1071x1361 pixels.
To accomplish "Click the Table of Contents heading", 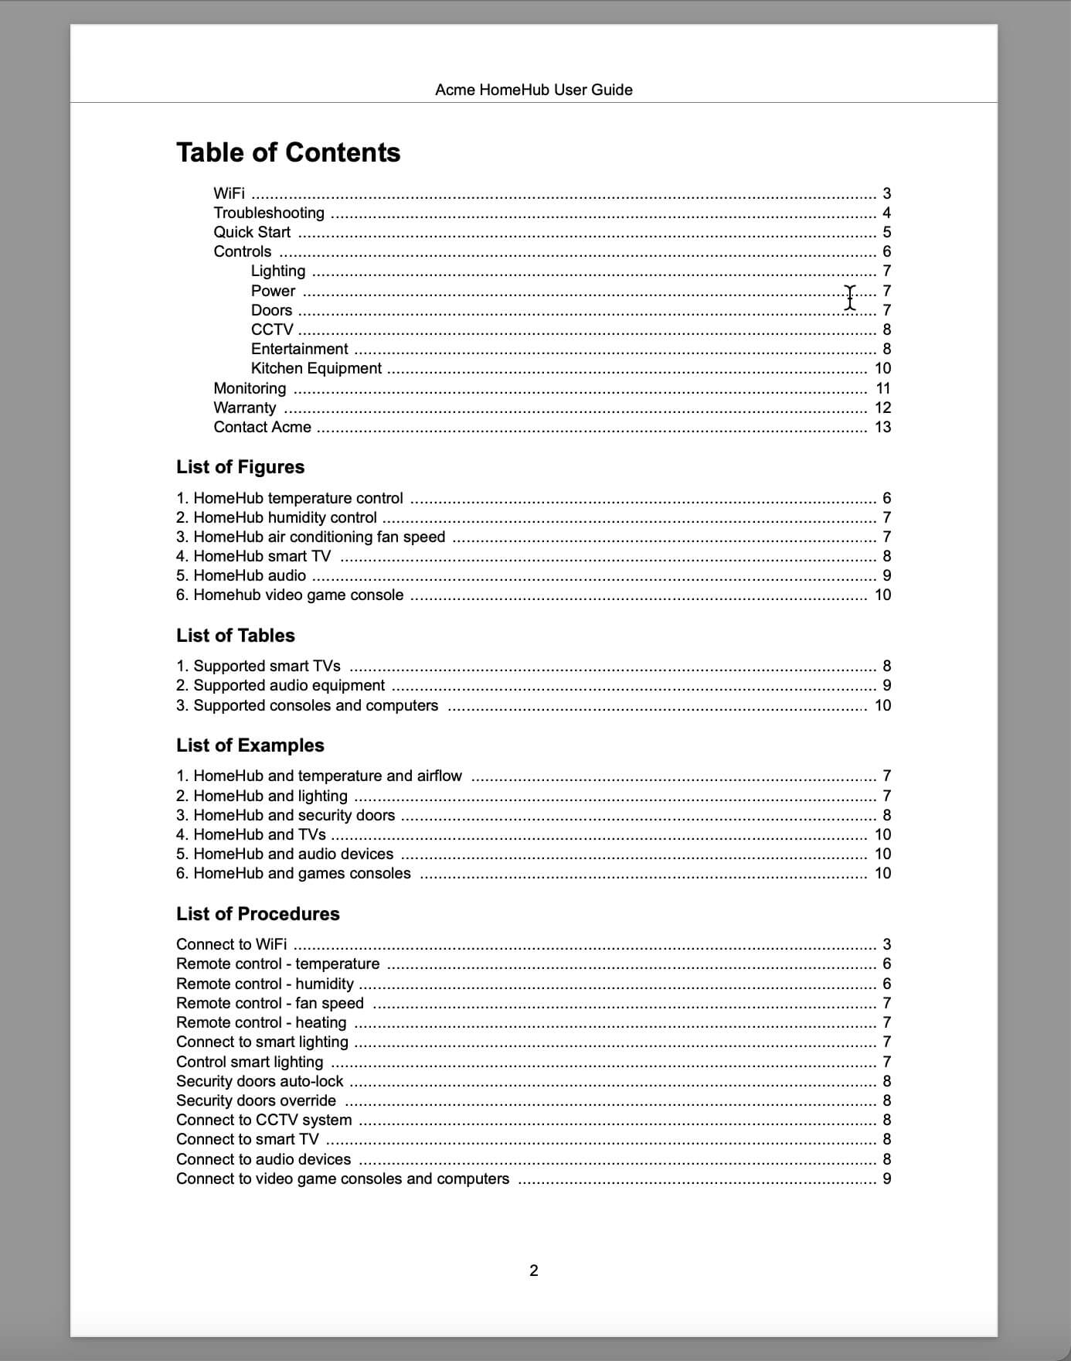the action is click(288, 152).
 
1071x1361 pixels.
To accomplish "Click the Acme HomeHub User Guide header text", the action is click(533, 90).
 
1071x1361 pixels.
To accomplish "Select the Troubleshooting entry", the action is click(269, 213).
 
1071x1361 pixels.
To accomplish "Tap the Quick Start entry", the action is click(252, 232).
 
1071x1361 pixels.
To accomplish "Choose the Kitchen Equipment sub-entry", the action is click(316, 368).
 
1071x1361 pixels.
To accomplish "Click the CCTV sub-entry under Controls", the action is click(272, 329).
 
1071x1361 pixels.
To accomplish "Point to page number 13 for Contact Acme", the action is click(882, 427).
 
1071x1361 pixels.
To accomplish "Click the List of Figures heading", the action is click(240, 467).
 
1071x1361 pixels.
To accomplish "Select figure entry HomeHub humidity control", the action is click(284, 517).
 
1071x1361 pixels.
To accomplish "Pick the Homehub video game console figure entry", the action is click(297, 595).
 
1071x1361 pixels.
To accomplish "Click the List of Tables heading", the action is click(236, 636).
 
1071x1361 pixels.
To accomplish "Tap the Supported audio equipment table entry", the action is click(288, 685).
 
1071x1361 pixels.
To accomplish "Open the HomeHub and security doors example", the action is click(294, 815).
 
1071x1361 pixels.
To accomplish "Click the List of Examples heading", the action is click(250, 745).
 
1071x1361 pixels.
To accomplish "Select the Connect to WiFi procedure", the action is click(231, 944).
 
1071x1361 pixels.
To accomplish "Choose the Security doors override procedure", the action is click(256, 1100).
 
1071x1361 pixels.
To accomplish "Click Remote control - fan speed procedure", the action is click(270, 1003).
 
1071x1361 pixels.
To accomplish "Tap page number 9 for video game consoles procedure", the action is click(886, 1179).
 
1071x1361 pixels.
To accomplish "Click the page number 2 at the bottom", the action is click(533, 1271).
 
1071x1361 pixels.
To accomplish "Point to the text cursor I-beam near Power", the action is click(850, 297).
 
